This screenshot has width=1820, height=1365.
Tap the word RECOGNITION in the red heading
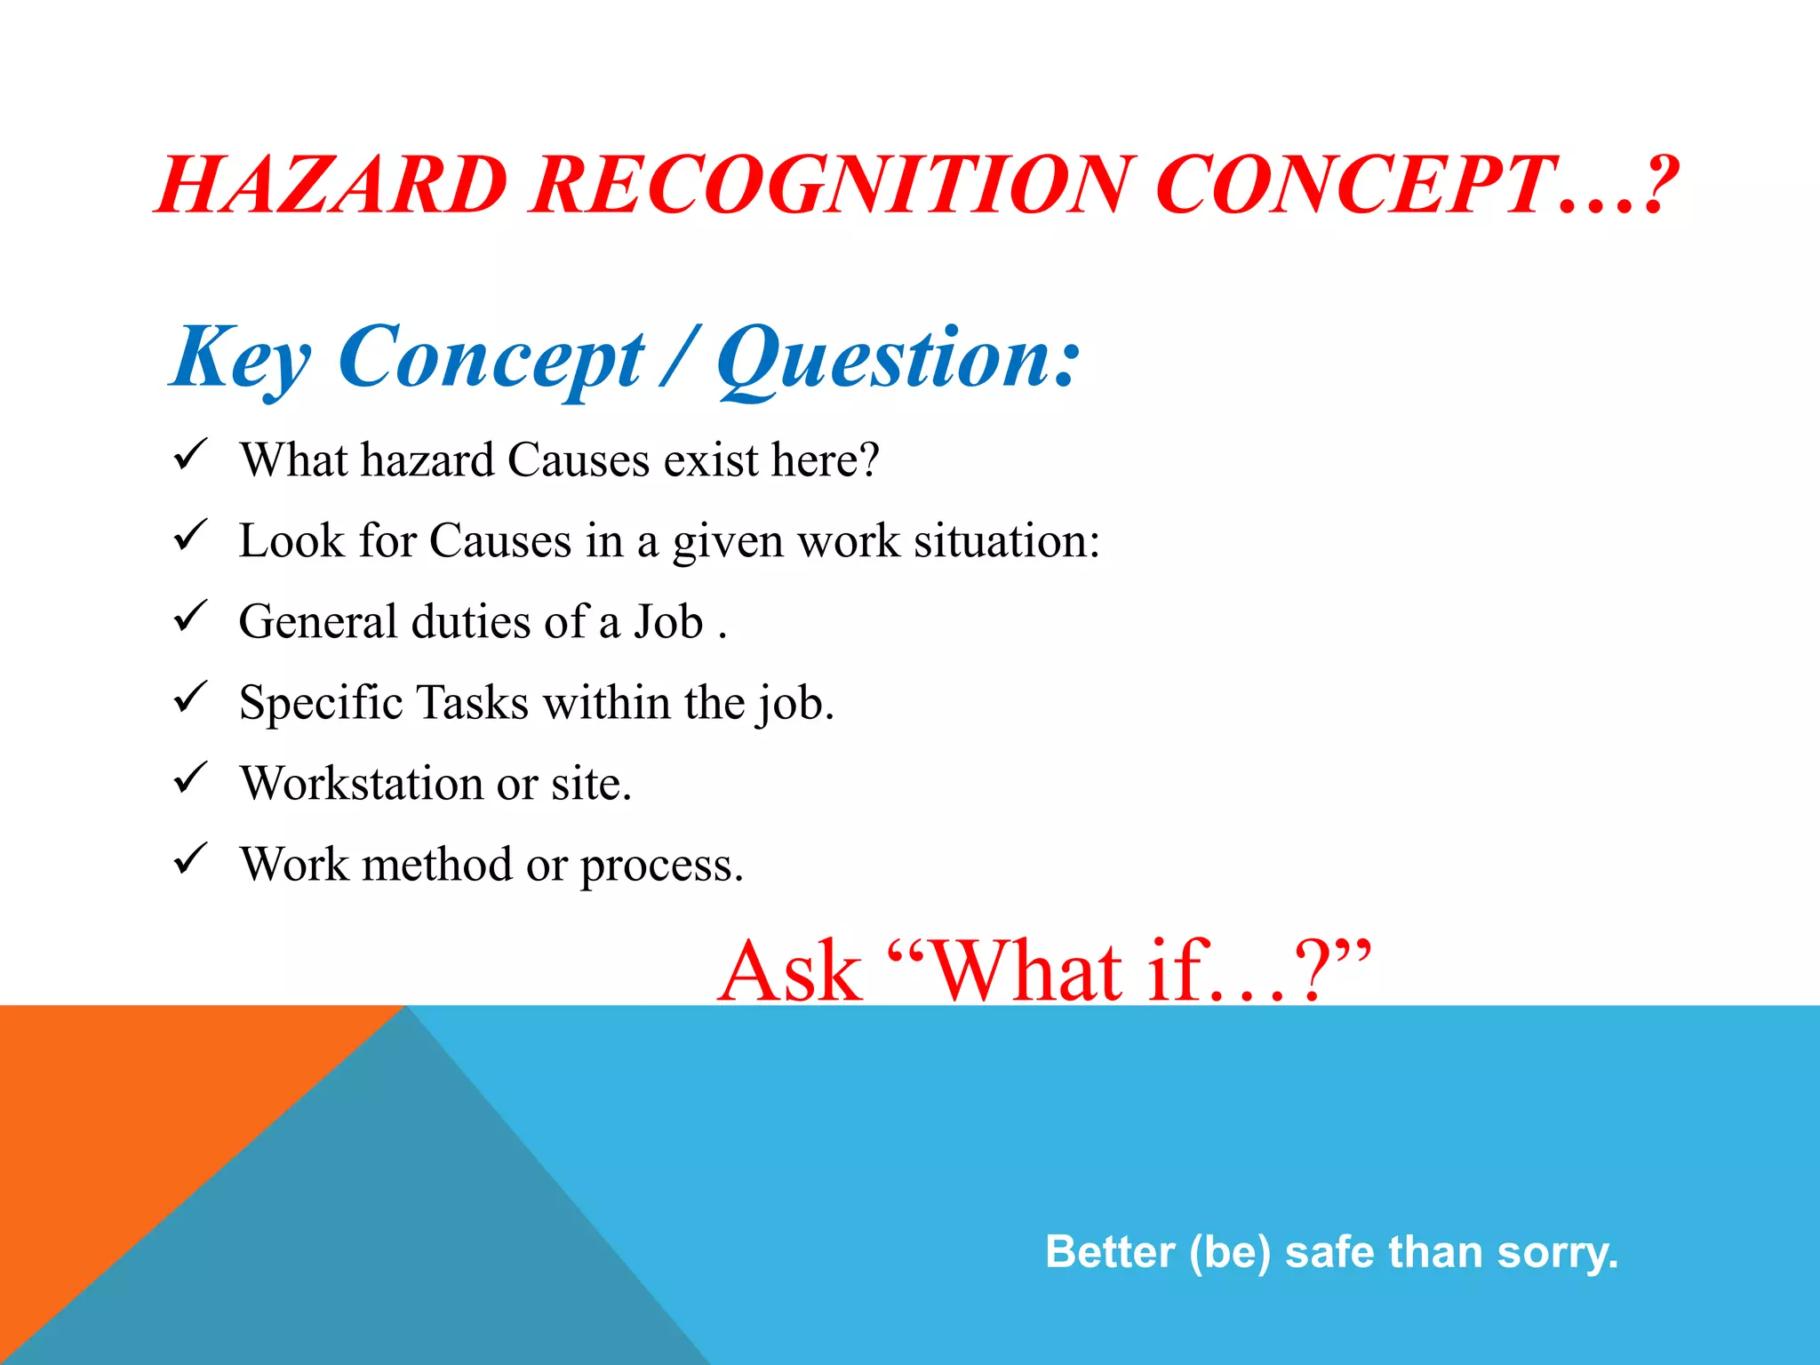click(x=832, y=186)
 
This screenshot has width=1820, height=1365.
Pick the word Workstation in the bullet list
click(x=362, y=784)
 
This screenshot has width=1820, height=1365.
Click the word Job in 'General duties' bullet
click(x=668, y=622)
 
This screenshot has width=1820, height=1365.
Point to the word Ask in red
click(x=790, y=972)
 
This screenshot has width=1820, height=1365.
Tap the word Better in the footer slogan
click(x=1110, y=1252)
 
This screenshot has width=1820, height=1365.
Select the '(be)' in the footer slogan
click(x=1230, y=1252)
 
